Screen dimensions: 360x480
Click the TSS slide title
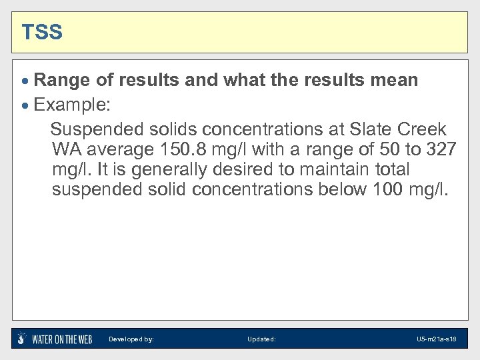tap(42, 32)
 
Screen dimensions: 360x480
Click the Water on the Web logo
tap(55, 339)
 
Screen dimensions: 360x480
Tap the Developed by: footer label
tap(131, 339)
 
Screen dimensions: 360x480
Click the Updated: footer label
tap(261, 339)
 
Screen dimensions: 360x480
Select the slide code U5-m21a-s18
tap(437, 339)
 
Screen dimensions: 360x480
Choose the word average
tap(119, 149)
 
